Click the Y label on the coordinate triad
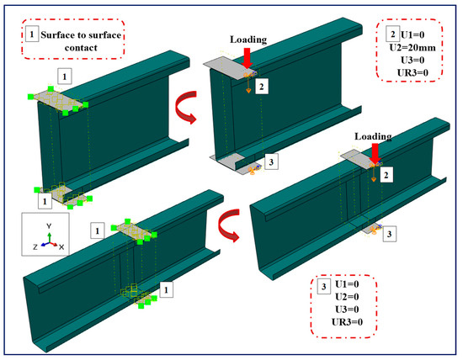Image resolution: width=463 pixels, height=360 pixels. pyautogui.click(x=49, y=226)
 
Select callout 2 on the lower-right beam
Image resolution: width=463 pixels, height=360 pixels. pyautogui.click(x=385, y=175)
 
